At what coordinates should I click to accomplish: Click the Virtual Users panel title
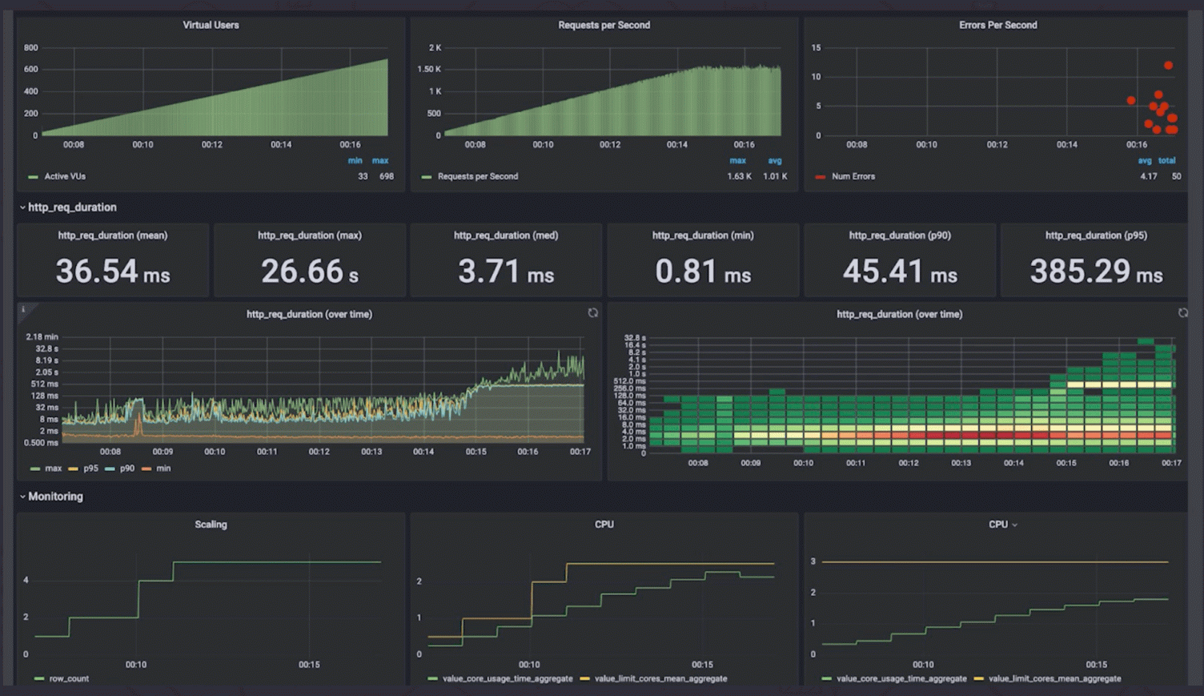211,25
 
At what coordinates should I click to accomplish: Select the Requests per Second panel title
604,25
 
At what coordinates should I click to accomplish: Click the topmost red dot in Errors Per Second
1168,66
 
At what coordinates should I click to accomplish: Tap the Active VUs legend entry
64,176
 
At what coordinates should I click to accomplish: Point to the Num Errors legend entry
853,176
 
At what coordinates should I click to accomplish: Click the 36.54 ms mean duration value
113,272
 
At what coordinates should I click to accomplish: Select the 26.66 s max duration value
309,272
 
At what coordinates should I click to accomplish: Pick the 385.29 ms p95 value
1096,272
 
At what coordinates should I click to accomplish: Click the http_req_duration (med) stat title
506,235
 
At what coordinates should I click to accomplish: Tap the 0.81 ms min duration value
703,272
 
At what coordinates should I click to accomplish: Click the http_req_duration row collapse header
71,207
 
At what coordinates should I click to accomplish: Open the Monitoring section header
54,497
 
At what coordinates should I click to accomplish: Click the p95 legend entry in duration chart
90,469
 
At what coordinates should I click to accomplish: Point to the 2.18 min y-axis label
42,337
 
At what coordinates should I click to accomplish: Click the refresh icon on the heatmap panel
1182,313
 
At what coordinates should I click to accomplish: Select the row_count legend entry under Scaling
69,678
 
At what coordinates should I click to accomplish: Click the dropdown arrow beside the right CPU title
1015,525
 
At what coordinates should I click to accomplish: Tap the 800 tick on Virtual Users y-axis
30,48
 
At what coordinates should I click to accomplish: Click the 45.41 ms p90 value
900,272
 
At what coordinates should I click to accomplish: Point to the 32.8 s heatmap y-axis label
634,339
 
